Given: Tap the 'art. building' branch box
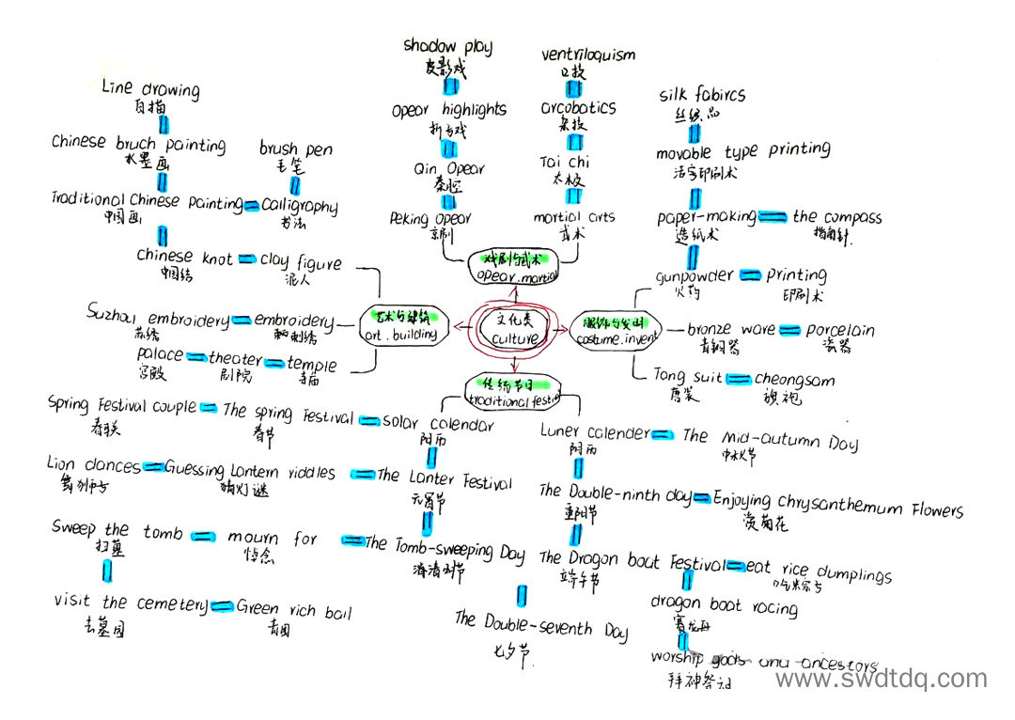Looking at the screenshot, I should click(x=401, y=324).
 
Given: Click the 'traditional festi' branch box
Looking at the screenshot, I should click(x=513, y=393).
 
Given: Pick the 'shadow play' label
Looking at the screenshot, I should click(x=447, y=46).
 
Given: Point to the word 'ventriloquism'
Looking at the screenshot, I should click(x=588, y=55).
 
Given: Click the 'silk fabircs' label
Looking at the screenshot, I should click(x=702, y=95).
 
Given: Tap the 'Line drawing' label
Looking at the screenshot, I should click(x=150, y=89).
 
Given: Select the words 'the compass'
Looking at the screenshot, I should click(x=836, y=217).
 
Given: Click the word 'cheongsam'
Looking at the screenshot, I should click(x=794, y=380).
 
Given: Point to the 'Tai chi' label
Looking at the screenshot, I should click(x=565, y=162).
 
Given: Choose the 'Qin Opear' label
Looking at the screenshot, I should click(x=450, y=169).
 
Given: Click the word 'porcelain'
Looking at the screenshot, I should click(x=840, y=330).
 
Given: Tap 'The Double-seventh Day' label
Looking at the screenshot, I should click(x=540, y=625).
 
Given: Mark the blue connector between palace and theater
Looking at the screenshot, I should click(x=196, y=357).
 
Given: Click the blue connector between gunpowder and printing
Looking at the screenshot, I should click(x=749, y=275).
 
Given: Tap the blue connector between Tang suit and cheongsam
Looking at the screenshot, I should click(x=740, y=379).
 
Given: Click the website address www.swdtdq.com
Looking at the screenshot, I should click(x=881, y=679).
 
